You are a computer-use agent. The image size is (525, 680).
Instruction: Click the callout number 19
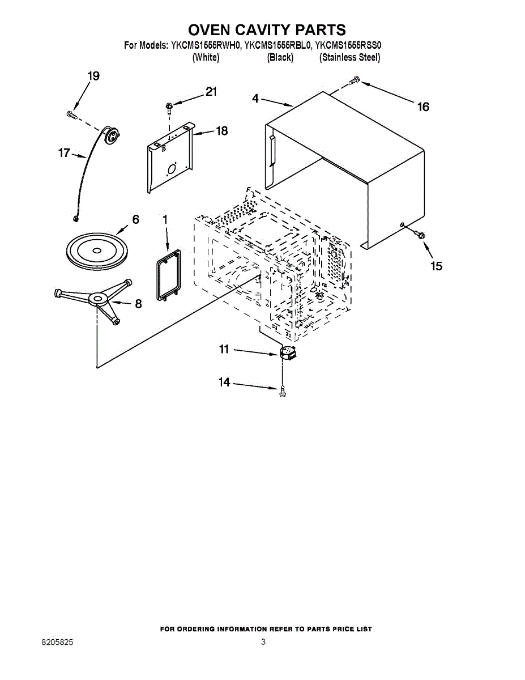click(x=93, y=76)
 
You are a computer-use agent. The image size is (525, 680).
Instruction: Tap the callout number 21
click(x=211, y=92)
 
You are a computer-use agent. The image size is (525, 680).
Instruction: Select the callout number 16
click(x=423, y=107)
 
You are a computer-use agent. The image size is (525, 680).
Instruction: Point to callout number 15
click(x=436, y=266)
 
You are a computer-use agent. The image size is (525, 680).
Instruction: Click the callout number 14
click(x=224, y=382)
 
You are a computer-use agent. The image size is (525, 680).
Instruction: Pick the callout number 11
click(x=224, y=350)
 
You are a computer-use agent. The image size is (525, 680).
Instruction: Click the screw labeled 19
click(x=71, y=114)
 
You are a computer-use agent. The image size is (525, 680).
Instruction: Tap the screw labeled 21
click(x=169, y=105)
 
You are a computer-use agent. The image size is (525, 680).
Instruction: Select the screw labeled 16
click(x=353, y=81)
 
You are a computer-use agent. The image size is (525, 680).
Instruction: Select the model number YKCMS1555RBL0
click(x=278, y=45)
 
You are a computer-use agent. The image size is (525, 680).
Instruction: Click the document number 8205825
click(x=57, y=643)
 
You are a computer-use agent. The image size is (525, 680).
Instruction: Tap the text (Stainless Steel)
click(x=350, y=57)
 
